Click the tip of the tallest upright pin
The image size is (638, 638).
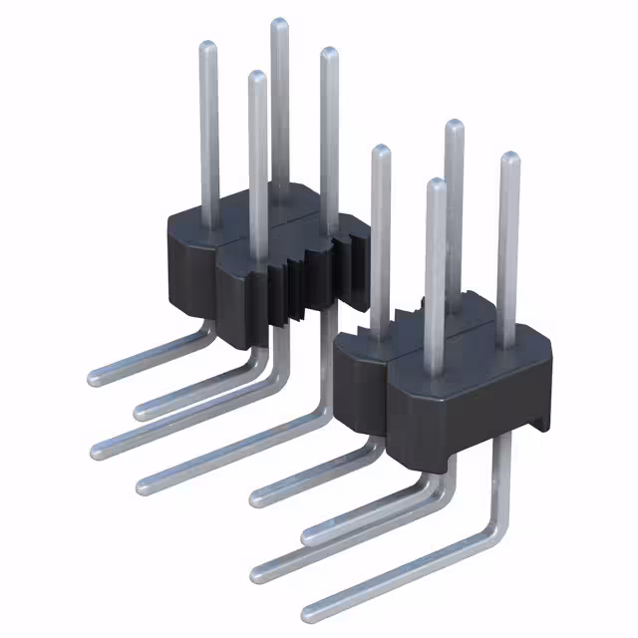point(279,24)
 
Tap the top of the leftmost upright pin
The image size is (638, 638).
point(207,47)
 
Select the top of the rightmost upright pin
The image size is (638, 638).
point(508,159)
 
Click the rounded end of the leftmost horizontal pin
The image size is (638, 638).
point(94,378)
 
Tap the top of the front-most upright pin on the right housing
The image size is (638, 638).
point(435,185)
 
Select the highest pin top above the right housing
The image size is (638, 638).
point(454,127)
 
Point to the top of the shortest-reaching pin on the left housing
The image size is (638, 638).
point(257,77)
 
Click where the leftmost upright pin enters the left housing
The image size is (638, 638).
point(211,225)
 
